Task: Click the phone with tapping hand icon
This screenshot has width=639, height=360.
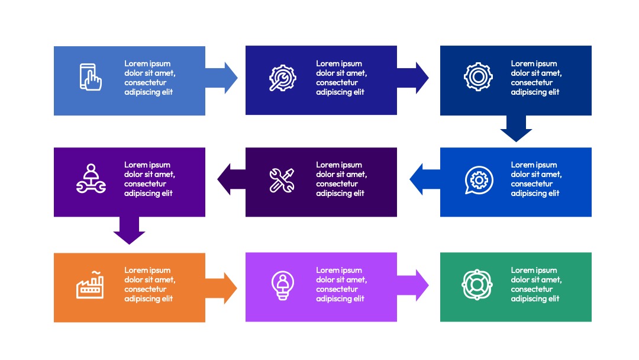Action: (x=91, y=76)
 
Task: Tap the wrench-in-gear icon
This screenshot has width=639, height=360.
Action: (x=282, y=78)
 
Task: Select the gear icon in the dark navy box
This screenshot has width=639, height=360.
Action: (x=478, y=76)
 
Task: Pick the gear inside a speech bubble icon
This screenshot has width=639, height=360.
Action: (x=479, y=180)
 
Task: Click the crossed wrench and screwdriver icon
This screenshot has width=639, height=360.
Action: (x=282, y=180)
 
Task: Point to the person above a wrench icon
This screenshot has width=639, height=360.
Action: (x=91, y=179)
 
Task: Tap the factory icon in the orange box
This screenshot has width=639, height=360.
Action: (x=90, y=285)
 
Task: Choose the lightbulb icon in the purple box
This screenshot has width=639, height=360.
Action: (x=283, y=285)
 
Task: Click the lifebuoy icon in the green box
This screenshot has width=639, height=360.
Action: (x=477, y=285)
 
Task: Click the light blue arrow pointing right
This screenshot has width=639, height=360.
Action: (x=221, y=78)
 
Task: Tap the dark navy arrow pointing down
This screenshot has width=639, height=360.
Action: (x=516, y=128)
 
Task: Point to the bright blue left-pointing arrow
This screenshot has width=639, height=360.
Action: (x=425, y=179)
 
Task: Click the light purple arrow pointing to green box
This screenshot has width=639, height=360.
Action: (x=413, y=285)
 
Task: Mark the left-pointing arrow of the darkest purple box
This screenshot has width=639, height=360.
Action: (x=231, y=179)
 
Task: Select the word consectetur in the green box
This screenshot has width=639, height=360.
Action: (x=532, y=289)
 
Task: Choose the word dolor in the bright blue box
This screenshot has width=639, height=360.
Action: (x=521, y=174)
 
